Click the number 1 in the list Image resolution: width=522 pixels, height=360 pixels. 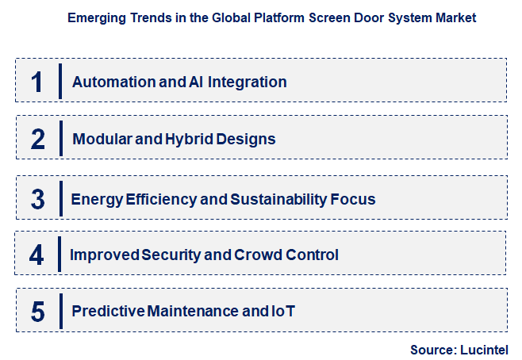click(36, 82)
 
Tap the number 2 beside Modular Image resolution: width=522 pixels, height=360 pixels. click(37, 140)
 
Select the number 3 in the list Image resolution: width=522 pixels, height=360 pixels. click(37, 198)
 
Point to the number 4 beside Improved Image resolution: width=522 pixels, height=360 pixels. click(37, 255)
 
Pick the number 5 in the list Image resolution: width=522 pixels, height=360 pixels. click(37, 312)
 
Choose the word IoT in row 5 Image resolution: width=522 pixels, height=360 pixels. click(282, 312)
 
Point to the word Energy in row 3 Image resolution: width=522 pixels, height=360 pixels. click(94, 198)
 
